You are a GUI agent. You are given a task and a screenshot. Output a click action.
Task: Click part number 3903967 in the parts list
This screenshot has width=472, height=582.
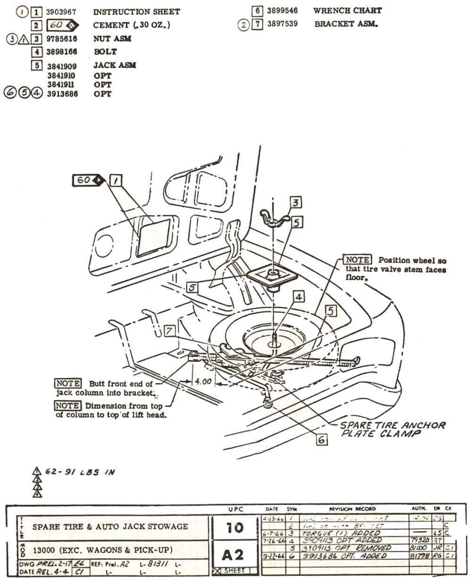[61, 11]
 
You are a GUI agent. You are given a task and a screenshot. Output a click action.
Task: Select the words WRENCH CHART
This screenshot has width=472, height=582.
[347, 10]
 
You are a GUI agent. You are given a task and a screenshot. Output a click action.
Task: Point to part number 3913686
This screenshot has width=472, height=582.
[62, 94]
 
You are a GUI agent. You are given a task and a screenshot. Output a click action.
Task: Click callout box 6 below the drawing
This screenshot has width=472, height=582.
[321, 439]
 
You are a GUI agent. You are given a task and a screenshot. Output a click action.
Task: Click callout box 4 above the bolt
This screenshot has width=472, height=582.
[299, 296]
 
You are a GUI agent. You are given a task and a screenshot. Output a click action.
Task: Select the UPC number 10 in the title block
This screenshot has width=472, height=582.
[234, 527]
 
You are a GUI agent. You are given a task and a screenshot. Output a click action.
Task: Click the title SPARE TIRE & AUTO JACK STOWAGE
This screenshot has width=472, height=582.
[110, 526]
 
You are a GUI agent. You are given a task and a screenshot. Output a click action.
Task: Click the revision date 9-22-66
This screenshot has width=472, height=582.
[272, 557]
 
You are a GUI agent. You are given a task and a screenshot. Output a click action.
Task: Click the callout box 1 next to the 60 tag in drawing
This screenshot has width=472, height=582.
[115, 180]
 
